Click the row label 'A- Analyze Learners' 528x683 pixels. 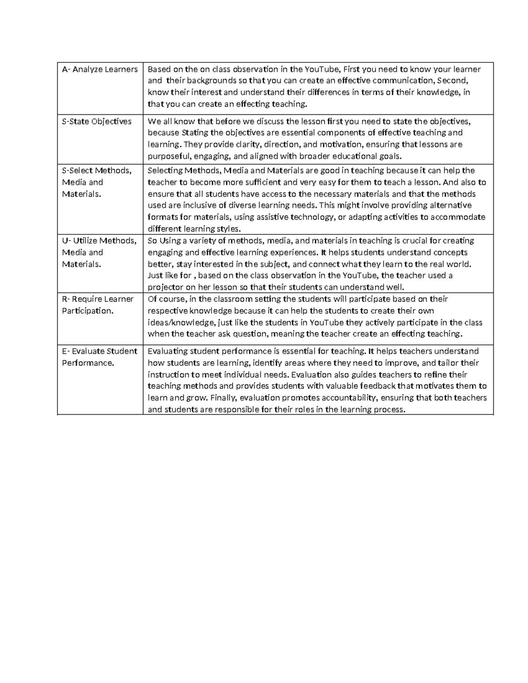(99, 69)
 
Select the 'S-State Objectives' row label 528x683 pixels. (96, 121)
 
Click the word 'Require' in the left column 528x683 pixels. (87, 299)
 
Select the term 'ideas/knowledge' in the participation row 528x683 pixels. (181, 322)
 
